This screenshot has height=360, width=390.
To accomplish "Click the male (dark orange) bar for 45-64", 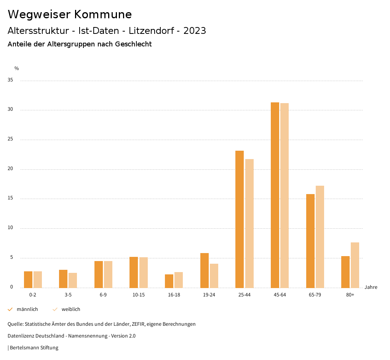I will pos(275,195).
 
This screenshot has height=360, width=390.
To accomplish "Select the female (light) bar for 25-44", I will pos(249,223).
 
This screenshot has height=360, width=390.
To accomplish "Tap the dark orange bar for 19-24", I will pos(205,270).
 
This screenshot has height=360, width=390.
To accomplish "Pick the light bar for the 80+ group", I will pos(355,265).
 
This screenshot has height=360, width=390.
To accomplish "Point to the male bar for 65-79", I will pos(310,241).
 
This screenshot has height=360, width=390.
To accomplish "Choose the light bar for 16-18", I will pos(179,280).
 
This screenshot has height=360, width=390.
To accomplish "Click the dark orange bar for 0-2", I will pos(28,279).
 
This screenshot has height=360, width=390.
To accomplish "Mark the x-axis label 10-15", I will pos(139,295).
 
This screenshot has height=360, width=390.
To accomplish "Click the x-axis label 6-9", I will pos(103,295).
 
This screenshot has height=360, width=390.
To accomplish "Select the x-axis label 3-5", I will pos(68,295).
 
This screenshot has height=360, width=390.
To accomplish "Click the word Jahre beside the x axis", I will pos(371,287).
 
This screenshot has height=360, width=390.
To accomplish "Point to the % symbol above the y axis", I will pos(17,68).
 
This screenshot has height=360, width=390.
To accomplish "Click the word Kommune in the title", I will pos(103,14).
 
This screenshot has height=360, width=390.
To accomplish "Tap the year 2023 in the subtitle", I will pos(195,31).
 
